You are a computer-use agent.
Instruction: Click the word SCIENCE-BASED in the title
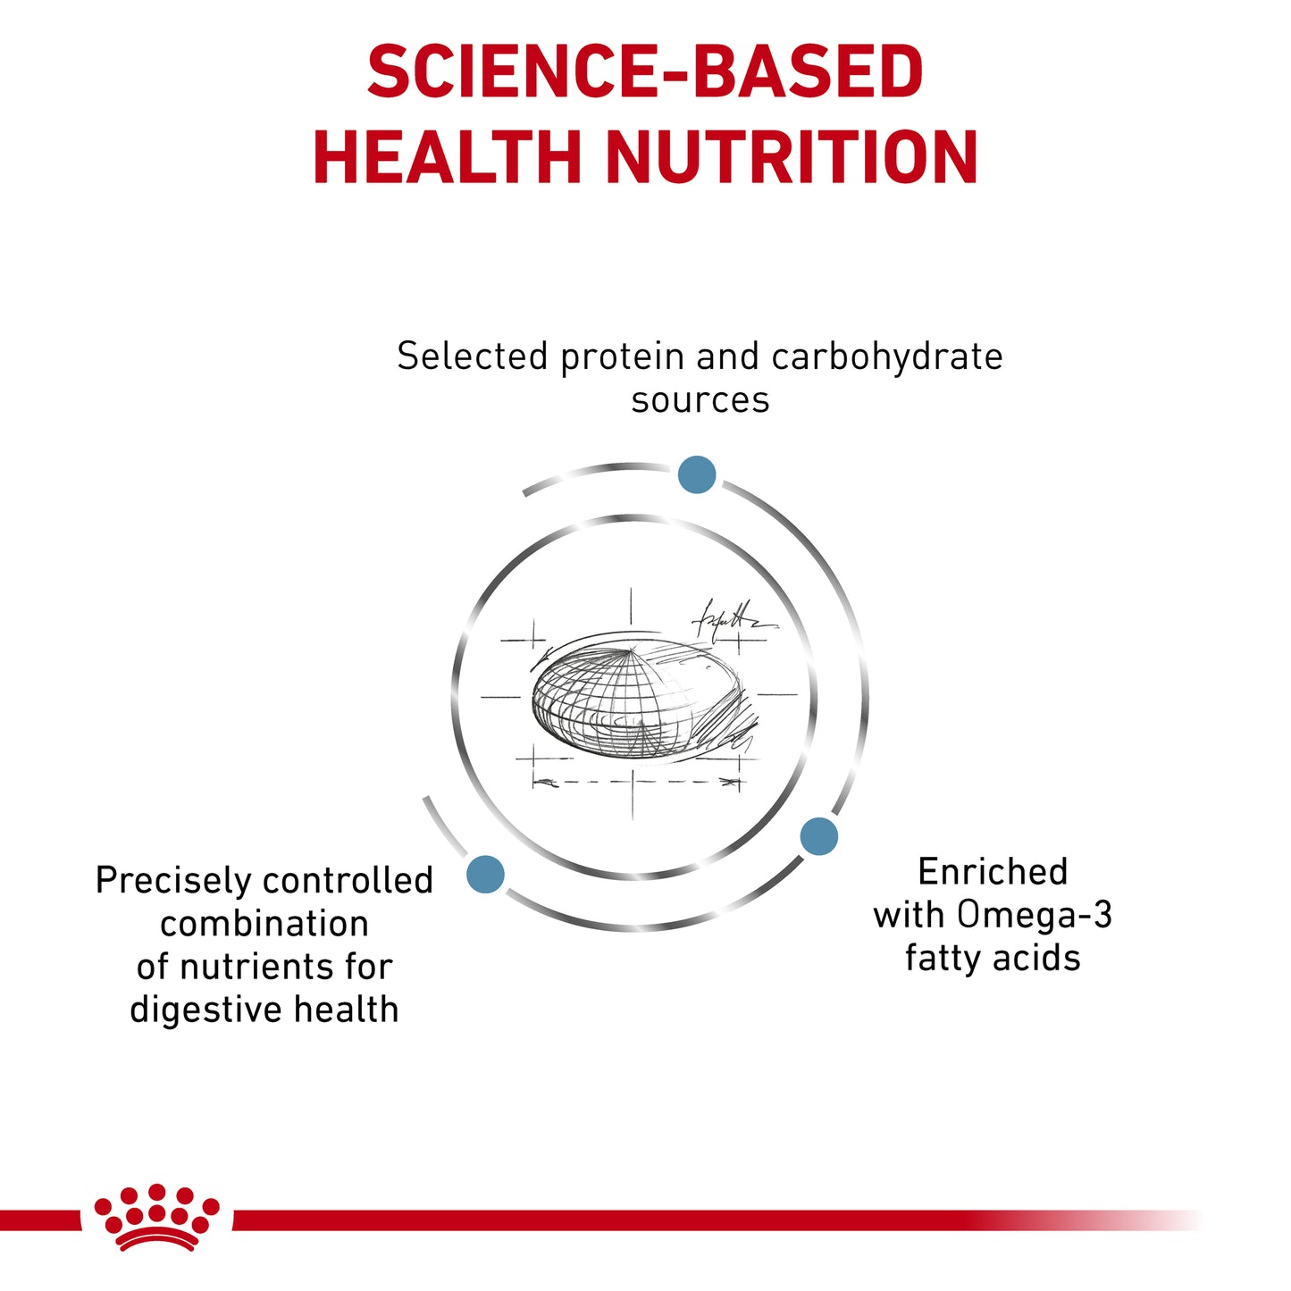645,71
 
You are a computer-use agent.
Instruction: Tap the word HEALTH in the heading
448,156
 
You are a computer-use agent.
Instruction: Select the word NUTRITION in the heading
792,156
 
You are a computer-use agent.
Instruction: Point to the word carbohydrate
886,357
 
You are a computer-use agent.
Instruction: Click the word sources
700,400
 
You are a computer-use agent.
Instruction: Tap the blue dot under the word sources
697,474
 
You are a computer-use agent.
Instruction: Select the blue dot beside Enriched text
818,836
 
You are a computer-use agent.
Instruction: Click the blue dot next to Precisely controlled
485,875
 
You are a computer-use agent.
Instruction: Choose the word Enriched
993,872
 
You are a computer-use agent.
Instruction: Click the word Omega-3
1035,915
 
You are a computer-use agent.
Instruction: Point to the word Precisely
172,881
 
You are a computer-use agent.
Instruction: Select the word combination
264,924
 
